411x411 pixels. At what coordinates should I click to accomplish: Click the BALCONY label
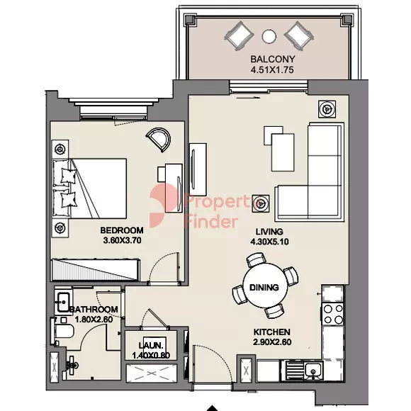(x=273, y=59)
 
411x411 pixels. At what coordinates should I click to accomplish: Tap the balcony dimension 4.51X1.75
(x=272, y=70)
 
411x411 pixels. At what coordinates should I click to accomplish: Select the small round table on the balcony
(x=269, y=36)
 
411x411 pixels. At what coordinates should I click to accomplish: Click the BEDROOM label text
(x=122, y=230)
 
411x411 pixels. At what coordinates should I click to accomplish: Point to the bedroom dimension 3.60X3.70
(x=123, y=240)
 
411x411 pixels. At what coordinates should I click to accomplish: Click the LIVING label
(x=269, y=232)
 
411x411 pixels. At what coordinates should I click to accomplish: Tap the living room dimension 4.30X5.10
(x=269, y=242)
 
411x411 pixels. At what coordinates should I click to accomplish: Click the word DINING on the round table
(x=264, y=288)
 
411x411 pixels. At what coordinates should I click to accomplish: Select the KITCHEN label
(x=272, y=332)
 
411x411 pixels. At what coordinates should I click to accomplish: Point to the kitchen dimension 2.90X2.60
(x=272, y=342)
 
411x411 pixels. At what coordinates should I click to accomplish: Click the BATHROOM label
(x=94, y=309)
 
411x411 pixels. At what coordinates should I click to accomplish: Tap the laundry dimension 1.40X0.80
(x=151, y=356)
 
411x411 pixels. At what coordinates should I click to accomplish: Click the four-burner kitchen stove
(x=333, y=314)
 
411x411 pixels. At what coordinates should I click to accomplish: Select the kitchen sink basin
(x=313, y=371)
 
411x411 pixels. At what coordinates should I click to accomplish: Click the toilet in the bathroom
(x=63, y=332)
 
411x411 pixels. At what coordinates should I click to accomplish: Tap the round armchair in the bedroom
(x=158, y=140)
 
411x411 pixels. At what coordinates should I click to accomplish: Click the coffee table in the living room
(x=283, y=152)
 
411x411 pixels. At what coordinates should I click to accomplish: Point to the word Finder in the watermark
(x=211, y=222)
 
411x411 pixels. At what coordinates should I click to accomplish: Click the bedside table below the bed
(x=60, y=228)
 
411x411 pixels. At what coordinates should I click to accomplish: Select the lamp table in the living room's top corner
(x=327, y=108)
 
